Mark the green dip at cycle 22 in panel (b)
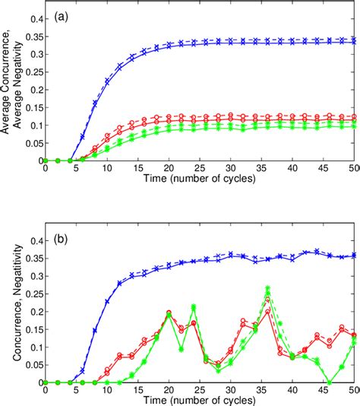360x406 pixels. point(181,349)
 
